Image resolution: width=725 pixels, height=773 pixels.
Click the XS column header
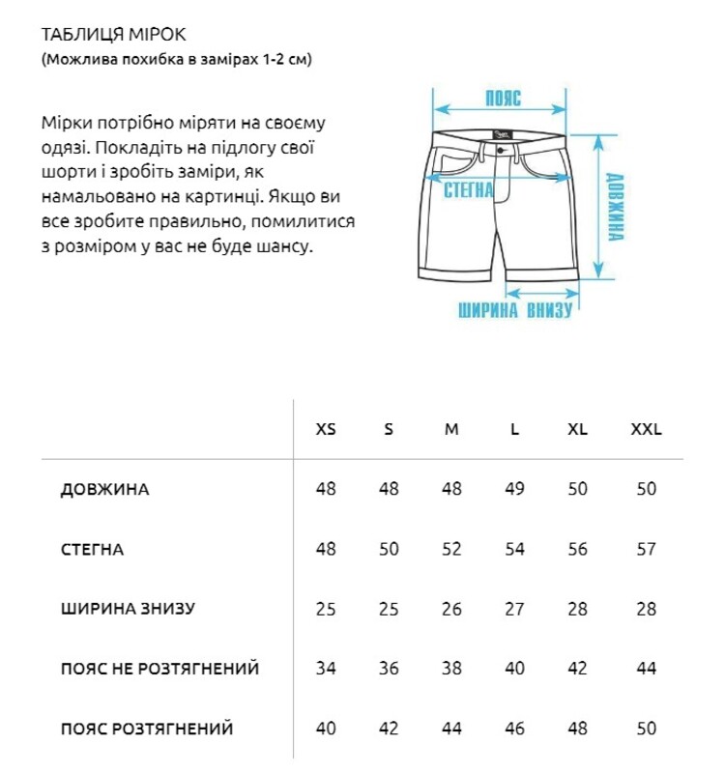(327, 429)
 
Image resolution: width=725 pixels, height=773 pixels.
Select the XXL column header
(646, 429)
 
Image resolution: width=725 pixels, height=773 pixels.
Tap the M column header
(451, 429)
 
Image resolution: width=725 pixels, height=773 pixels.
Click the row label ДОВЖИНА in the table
(104, 489)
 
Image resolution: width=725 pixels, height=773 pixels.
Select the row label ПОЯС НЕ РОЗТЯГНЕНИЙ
(159, 669)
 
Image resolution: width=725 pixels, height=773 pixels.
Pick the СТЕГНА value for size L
(515, 549)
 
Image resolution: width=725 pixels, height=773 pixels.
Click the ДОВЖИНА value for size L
(515, 489)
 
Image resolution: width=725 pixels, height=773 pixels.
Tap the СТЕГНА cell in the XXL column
(646, 549)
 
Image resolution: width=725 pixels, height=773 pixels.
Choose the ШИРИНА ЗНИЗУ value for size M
(451, 609)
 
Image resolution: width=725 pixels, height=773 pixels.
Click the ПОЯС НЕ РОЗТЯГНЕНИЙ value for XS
(327, 669)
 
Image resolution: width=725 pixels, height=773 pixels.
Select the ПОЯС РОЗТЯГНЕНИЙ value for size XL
(578, 729)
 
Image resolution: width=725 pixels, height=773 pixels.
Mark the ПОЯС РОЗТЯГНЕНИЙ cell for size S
(389, 729)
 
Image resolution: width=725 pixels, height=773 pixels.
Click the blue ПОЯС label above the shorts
(503, 99)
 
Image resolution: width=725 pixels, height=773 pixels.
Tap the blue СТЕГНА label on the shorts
(468, 189)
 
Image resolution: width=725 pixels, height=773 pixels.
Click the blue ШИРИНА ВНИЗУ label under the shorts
(515, 310)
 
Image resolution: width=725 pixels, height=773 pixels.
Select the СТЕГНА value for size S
(389, 549)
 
